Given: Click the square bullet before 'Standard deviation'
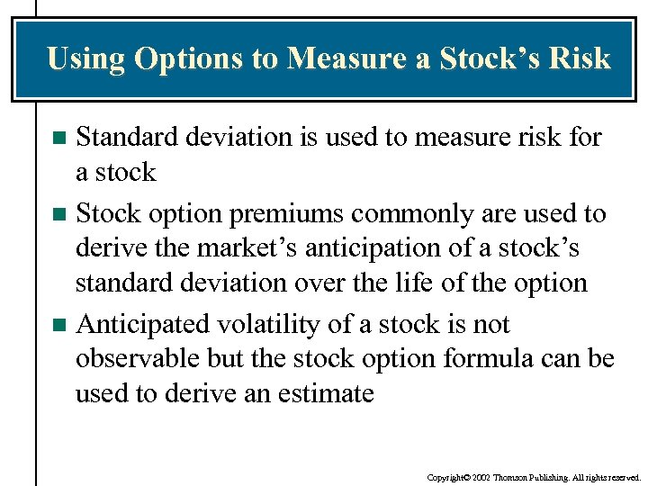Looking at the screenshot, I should click(x=59, y=139).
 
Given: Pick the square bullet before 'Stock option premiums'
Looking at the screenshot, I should click(x=59, y=215).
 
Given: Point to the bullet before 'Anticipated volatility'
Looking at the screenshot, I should click(x=59, y=325).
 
